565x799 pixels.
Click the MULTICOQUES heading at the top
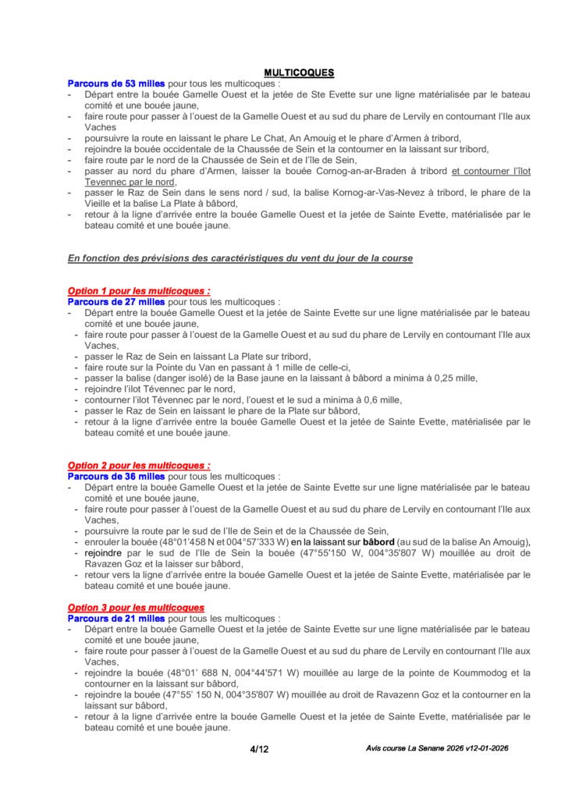299,73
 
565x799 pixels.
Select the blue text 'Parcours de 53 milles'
116,83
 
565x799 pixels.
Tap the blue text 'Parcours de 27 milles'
116,302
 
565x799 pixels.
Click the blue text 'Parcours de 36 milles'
116,476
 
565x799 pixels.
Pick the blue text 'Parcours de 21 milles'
116,618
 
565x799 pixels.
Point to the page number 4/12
259,750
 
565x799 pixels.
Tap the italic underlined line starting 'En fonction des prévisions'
240,258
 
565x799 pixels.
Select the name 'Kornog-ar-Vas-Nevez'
342,192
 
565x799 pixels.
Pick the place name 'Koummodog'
472,673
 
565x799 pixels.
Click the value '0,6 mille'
381,399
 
